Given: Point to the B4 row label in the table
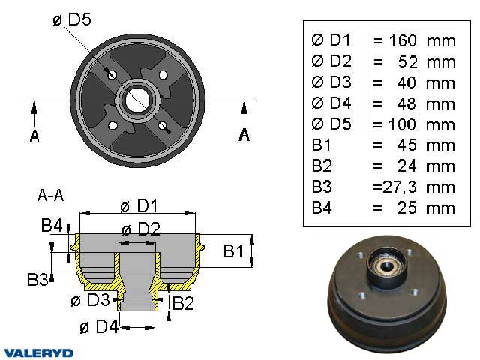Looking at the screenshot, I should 322,208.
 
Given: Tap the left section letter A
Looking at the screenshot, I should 34,136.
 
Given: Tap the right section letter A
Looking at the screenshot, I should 244,135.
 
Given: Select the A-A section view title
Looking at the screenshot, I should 50,196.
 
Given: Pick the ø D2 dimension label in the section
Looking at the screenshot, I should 140,229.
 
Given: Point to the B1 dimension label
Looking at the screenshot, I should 234,251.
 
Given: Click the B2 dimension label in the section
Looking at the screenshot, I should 183,303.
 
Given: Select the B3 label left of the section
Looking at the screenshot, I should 37,280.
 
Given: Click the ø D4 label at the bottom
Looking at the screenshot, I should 99,327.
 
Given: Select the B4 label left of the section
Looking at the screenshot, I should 52,224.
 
